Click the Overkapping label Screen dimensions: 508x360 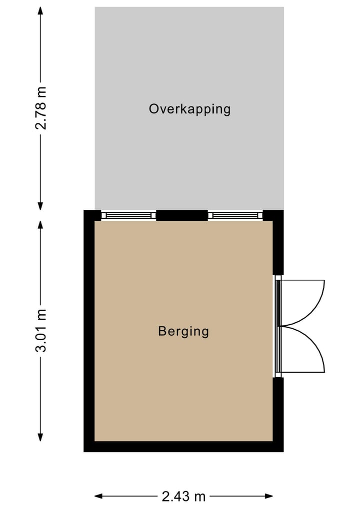pos(189,109)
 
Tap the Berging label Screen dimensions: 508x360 pos(183,331)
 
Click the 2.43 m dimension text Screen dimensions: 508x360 pos(183,496)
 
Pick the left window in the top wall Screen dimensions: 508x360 pos(128,215)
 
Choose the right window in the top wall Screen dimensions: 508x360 pos(235,215)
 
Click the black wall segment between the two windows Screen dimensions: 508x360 pos(182,215)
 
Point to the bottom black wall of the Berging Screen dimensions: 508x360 pos(183,447)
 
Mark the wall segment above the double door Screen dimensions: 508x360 pos(278,247)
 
